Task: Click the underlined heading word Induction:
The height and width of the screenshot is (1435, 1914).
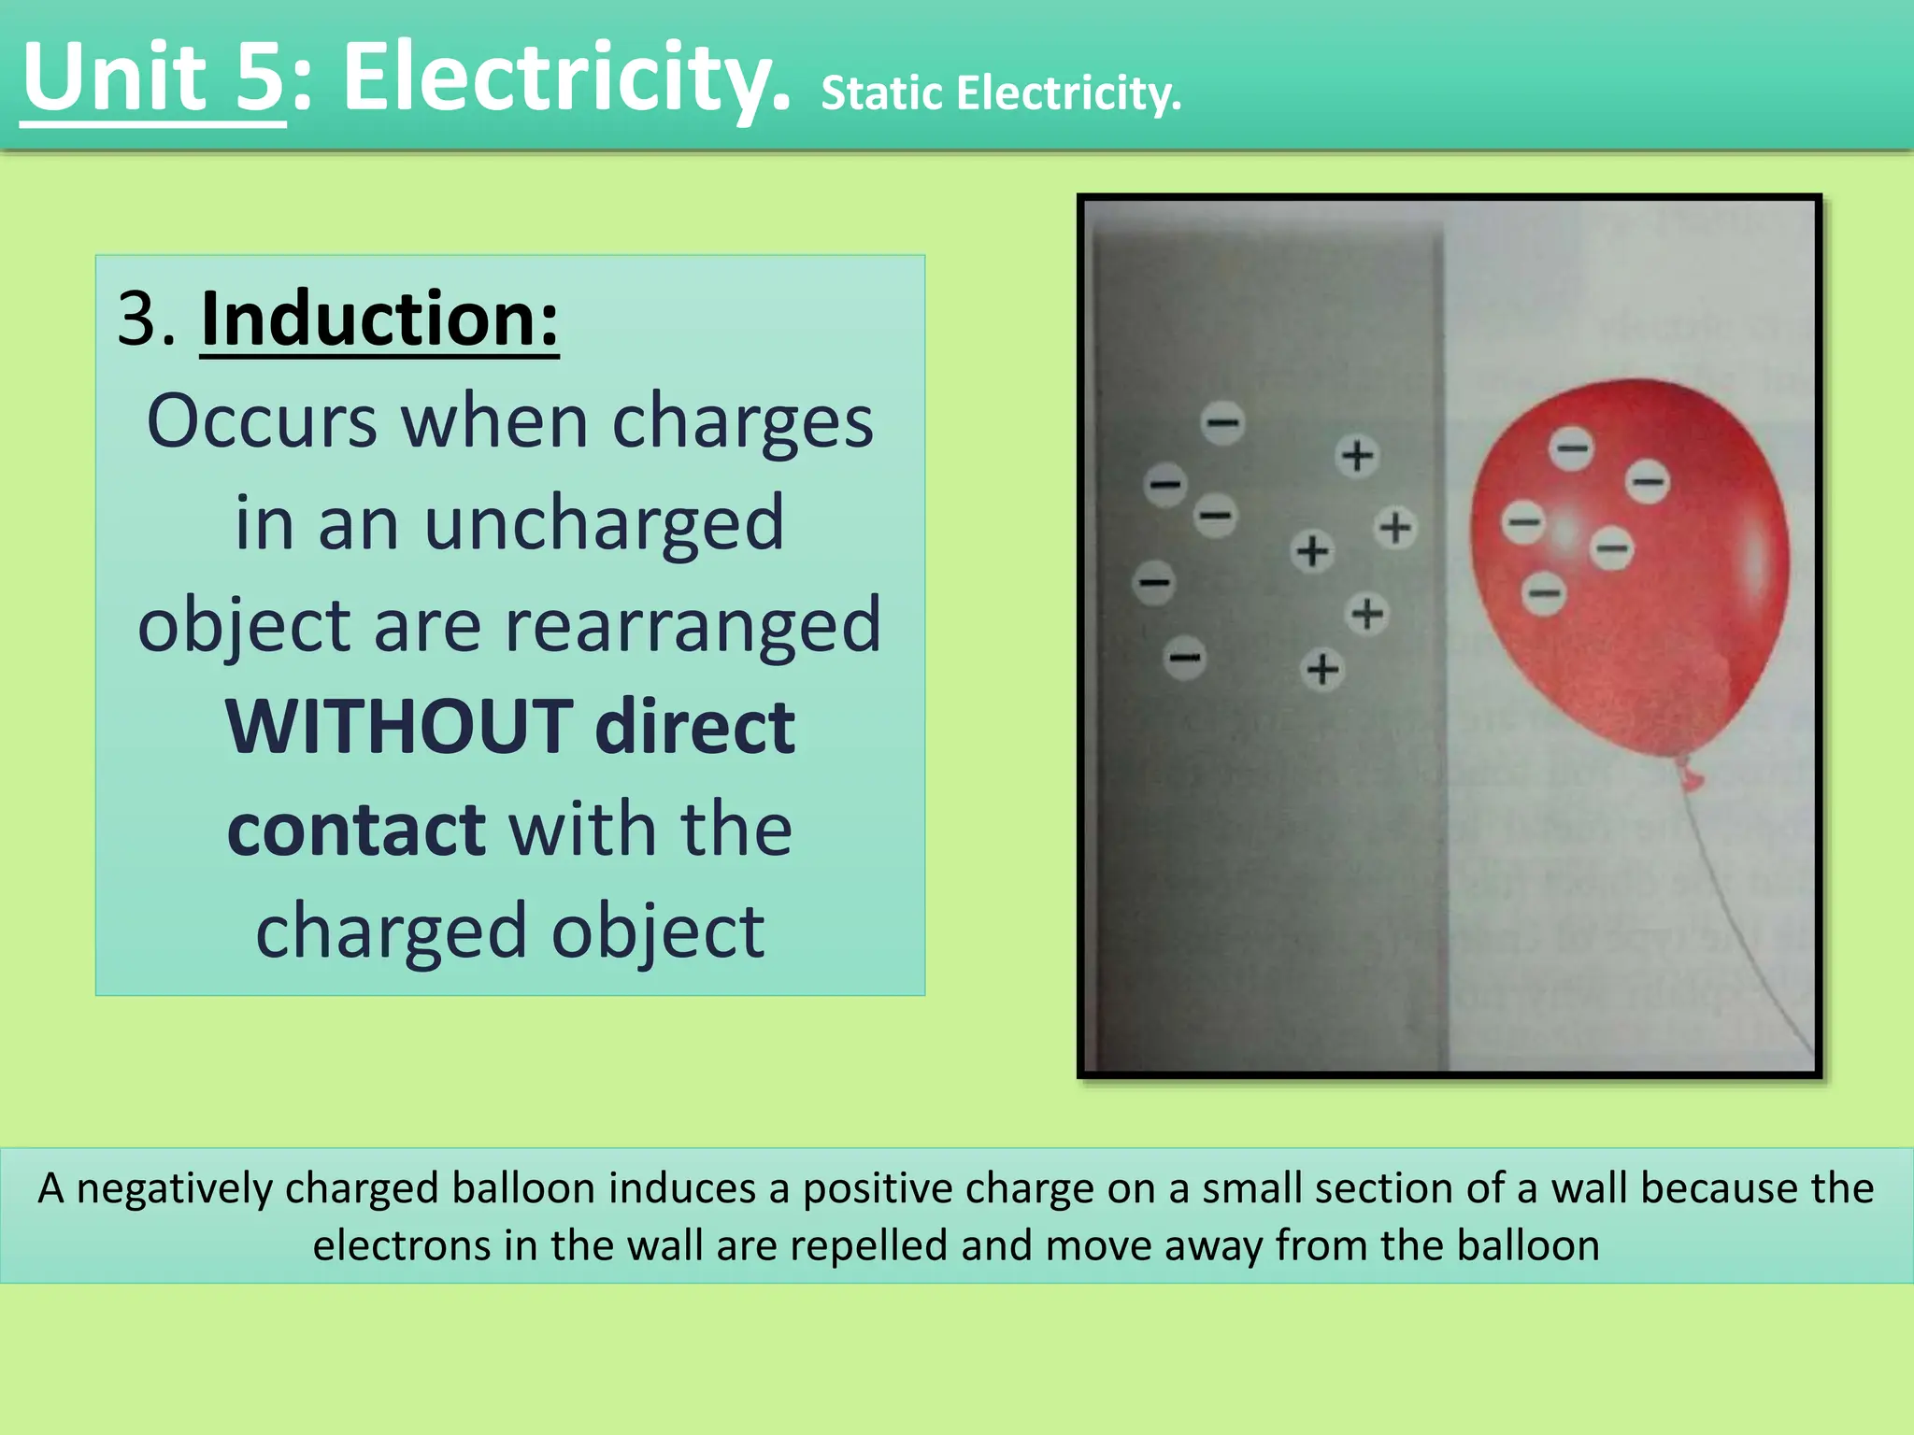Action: coord(379,320)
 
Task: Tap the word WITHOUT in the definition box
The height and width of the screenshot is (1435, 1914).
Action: coord(399,727)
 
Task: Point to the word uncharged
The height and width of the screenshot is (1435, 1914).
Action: coord(603,523)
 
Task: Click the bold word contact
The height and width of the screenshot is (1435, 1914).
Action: coord(356,829)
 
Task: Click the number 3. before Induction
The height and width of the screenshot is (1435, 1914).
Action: coord(147,320)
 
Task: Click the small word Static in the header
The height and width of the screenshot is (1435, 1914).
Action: coord(881,93)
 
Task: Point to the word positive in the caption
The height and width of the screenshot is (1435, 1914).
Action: coord(875,1188)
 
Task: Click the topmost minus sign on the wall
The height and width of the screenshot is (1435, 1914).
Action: coord(1222,422)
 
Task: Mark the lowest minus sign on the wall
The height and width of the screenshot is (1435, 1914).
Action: coord(1185,657)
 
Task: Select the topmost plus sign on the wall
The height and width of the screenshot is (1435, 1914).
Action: coord(1357,456)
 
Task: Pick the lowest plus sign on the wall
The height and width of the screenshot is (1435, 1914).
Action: coord(1322,669)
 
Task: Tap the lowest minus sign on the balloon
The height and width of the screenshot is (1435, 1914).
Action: coord(1544,592)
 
